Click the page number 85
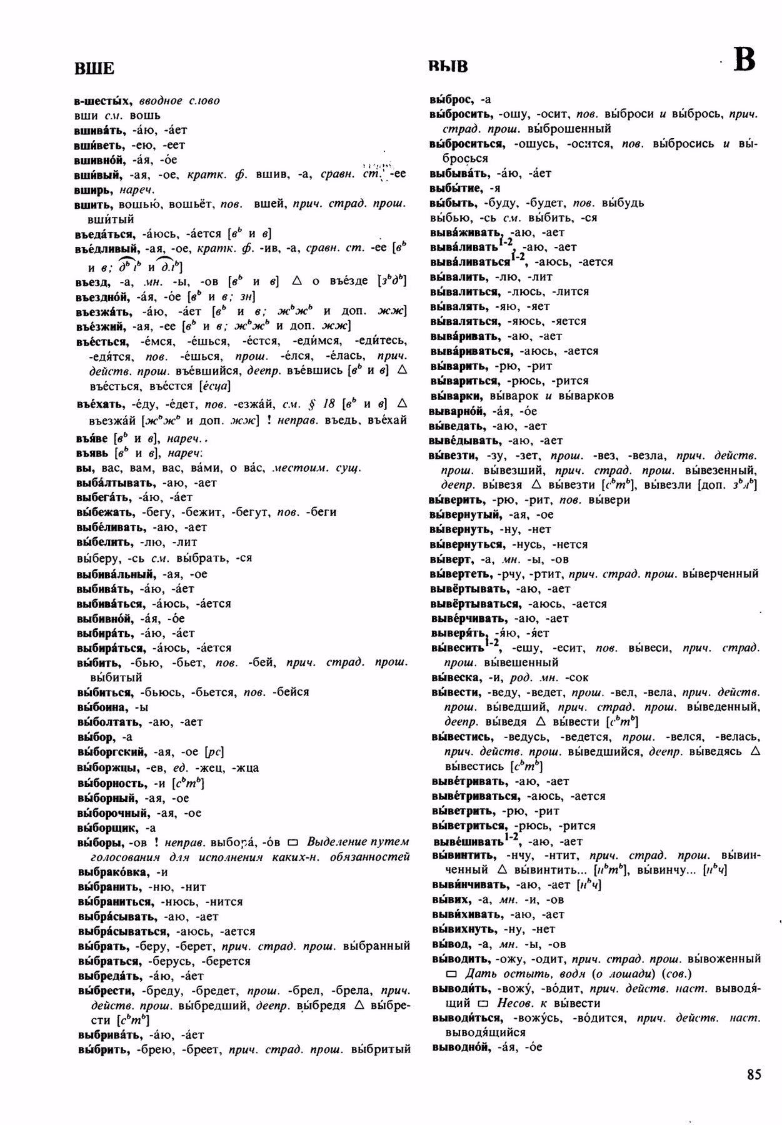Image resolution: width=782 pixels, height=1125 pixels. [x=753, y=1074]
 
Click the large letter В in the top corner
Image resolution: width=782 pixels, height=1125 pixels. [x=744, y=61]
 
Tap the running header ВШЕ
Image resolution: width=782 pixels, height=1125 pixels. [x=94, y=69]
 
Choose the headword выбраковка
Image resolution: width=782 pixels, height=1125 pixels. [x=113, y=872]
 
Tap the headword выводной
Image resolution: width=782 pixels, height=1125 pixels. [x=459, y=1047]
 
